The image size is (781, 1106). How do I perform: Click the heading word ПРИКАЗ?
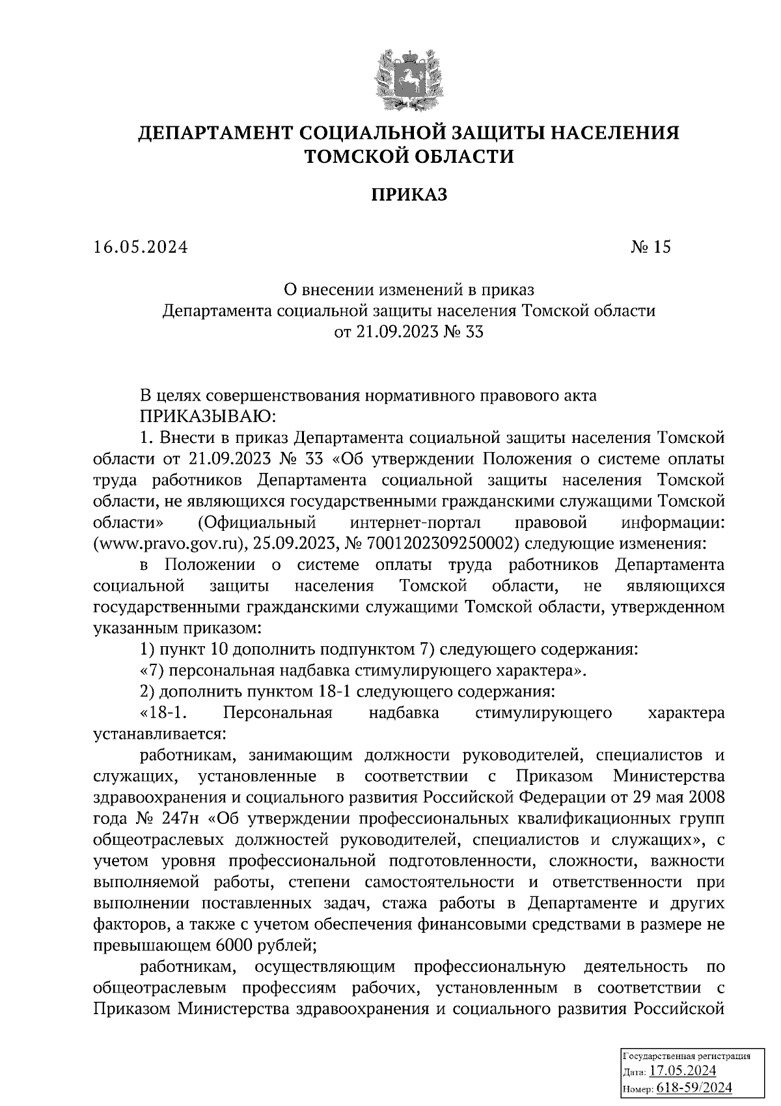(x=409, y=195)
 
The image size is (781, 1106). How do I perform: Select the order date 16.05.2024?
(x=141, y=247)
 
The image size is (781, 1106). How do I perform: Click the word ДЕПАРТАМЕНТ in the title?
(x=215, y=134)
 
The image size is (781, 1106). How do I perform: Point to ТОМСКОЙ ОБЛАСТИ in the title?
(x=409, y=156)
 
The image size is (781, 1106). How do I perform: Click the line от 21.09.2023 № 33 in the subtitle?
(x=409, y=332)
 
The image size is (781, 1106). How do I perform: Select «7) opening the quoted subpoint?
(x=154, y=670)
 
